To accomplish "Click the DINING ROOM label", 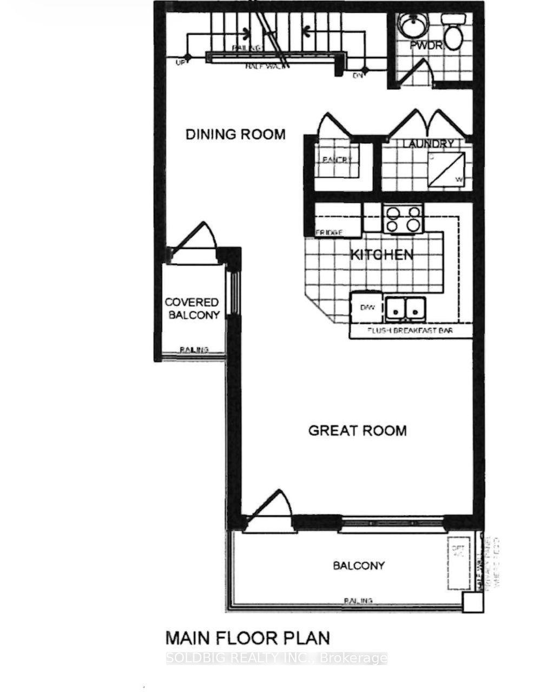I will (x=235, y=134).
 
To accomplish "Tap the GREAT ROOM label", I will (x=357, y=430).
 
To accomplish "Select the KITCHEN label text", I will (x=382, y=255).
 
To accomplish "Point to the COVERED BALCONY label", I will (x=192, y=309).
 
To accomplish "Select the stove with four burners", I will (x=402, y=218).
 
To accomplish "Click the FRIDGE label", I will (x=329, y=232).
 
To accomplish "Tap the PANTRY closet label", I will (x=337, y=160).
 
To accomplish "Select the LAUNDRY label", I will (x=428, y=144).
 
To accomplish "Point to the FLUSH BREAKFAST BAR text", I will (x=410, y=330).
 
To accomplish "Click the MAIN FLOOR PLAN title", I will (x=247, y=638).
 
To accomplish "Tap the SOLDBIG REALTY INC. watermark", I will (x=276, y=658).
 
